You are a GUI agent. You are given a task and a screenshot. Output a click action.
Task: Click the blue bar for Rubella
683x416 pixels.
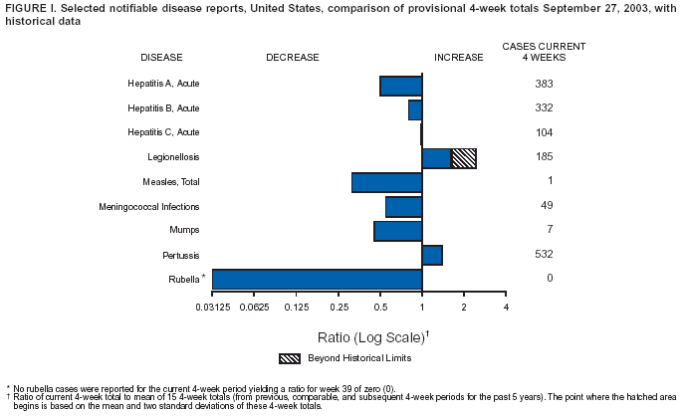point(317,279)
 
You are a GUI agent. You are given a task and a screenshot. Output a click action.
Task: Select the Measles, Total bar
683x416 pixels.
point(386,182)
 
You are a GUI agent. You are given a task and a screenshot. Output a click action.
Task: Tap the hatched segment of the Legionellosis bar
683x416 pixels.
point(463,157)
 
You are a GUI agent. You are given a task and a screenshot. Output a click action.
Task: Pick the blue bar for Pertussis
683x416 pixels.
point(432,255)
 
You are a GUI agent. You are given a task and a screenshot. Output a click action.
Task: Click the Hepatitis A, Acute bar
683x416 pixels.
point(400,86)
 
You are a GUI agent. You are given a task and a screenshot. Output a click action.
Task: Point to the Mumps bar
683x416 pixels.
point(397,231)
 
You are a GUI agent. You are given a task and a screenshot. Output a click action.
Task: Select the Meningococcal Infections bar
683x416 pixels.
point(403,206)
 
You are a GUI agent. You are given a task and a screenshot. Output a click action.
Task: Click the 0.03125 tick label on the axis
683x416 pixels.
point(212,306)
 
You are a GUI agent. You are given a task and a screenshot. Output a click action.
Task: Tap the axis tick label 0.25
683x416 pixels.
point(339,306)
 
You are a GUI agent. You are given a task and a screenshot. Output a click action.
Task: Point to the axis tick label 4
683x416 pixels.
point(506,306)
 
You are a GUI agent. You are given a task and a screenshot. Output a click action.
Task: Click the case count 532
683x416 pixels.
point(543,254)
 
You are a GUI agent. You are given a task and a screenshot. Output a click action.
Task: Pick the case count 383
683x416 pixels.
point(543,84)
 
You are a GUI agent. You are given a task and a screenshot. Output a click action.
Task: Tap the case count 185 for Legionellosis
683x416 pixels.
point(543,157)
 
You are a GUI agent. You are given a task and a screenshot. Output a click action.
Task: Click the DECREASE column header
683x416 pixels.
point(293,57)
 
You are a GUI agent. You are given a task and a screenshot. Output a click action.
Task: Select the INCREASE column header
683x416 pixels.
point(459,57)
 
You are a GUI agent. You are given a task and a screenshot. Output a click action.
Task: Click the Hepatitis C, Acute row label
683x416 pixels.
point(163,132)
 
